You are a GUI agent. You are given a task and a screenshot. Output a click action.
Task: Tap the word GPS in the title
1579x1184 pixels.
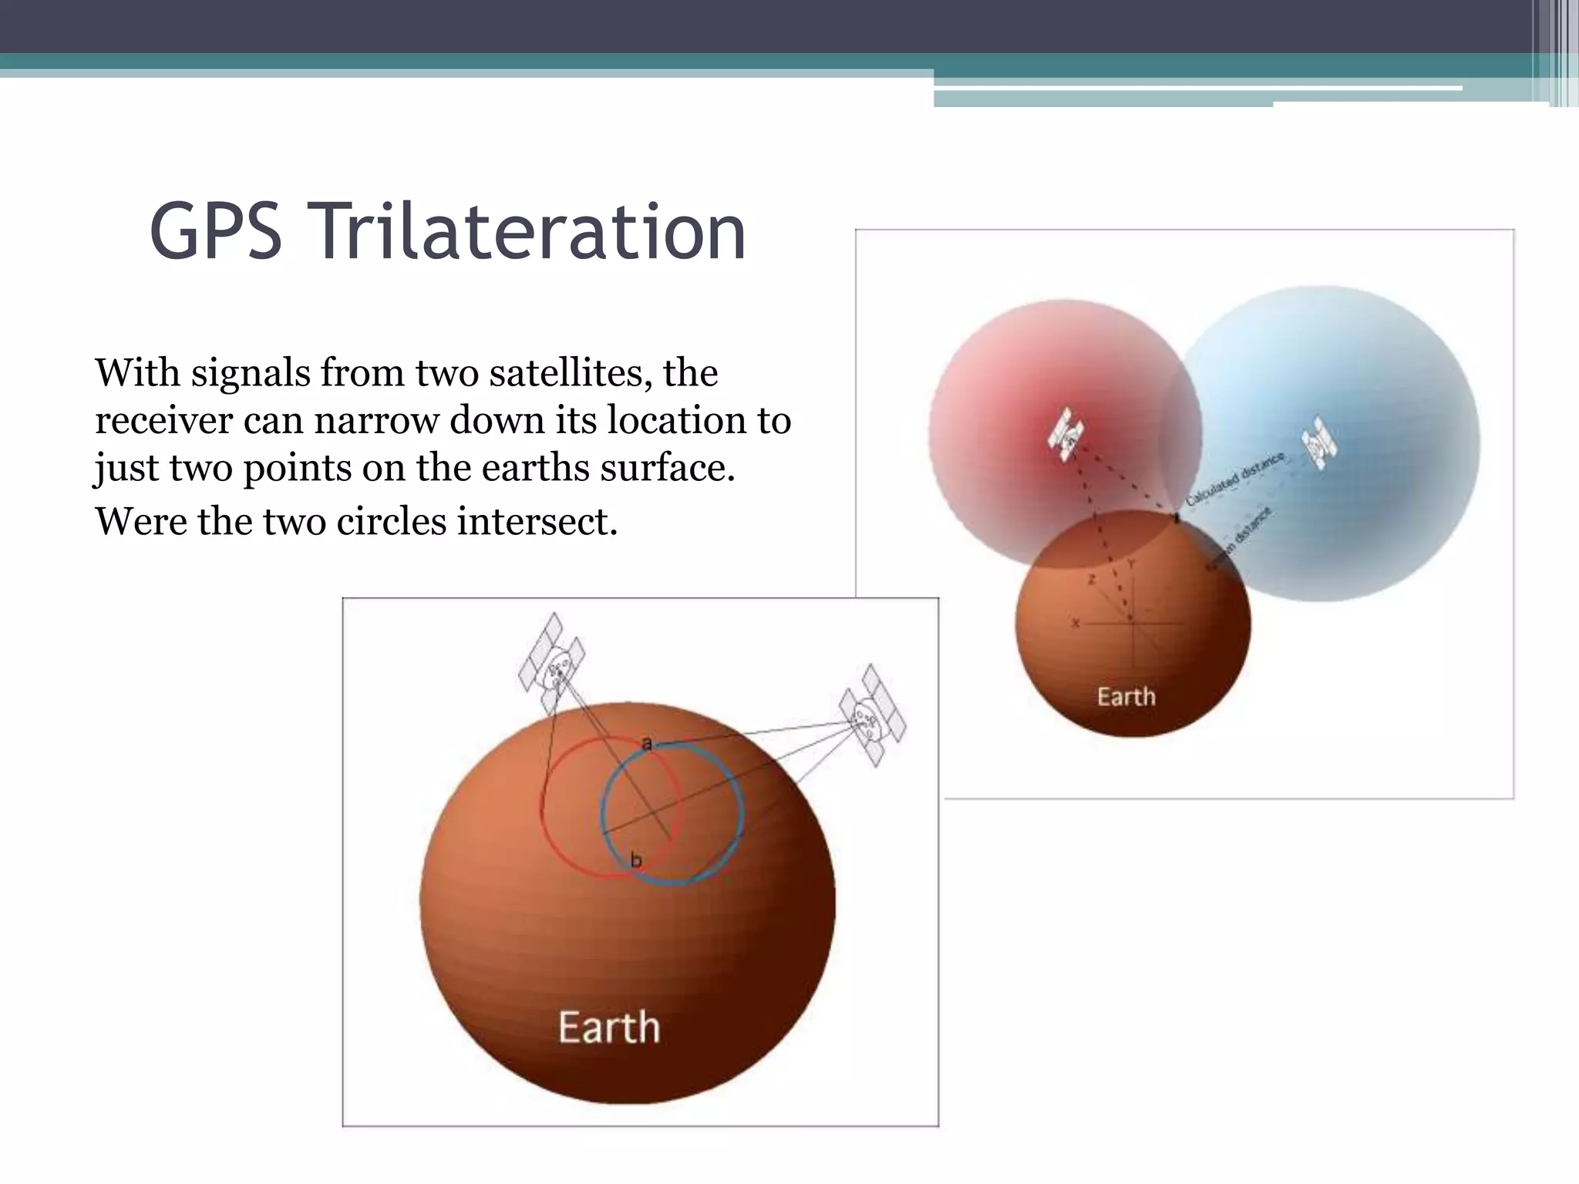(x=216, y=231)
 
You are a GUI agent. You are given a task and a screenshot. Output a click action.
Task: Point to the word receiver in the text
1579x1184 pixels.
(x=163, y=422)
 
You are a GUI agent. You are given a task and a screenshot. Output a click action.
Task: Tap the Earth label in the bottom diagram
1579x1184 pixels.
(x=609, y=1028)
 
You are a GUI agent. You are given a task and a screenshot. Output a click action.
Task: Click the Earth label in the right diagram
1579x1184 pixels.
(x=1126, y=697)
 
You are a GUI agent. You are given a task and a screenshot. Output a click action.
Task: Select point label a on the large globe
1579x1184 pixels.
(x=647, y=743)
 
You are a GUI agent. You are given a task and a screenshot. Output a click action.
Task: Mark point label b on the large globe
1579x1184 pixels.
(x=635, y=860)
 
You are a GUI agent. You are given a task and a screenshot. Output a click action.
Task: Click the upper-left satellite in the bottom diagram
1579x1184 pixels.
(x=551, y=663)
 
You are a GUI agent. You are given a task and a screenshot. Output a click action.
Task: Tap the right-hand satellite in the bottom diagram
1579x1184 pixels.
(x=872, y=715)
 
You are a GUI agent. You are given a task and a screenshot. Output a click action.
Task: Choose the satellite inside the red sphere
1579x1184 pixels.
(x=1066, y=434)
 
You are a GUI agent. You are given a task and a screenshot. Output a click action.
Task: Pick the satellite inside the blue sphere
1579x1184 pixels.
(x=1319, y=444)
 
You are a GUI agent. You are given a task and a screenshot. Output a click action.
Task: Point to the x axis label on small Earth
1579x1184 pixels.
(x=1076, y=623)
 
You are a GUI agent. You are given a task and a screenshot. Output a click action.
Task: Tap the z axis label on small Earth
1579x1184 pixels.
(x=1091, y=580)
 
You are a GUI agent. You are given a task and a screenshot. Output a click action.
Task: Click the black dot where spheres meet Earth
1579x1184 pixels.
(x=1177, y=519)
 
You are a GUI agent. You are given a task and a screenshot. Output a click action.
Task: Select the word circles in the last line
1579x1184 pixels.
(x=394, y=522)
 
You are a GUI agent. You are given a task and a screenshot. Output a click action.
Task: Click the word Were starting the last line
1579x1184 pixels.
(x=140, y=522)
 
